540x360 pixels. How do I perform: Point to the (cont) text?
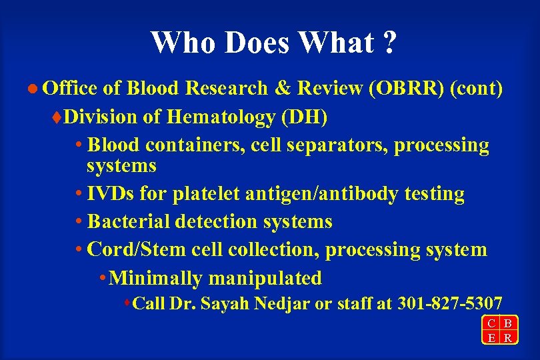[476, 89]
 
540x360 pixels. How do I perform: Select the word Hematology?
[221, 117]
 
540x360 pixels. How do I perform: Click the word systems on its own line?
[121, 165]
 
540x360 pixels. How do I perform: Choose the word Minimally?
[155, 277]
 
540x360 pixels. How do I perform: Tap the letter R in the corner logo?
[508, 337]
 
